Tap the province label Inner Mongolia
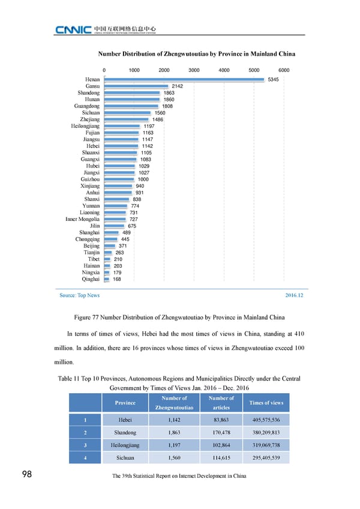(82, 220)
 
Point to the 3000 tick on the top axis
(194, 70)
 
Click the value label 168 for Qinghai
(118, 279)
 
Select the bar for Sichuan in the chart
(128, 113)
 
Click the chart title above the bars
(196, 54)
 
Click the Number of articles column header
(221, 402)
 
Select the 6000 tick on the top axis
(284, 70)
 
